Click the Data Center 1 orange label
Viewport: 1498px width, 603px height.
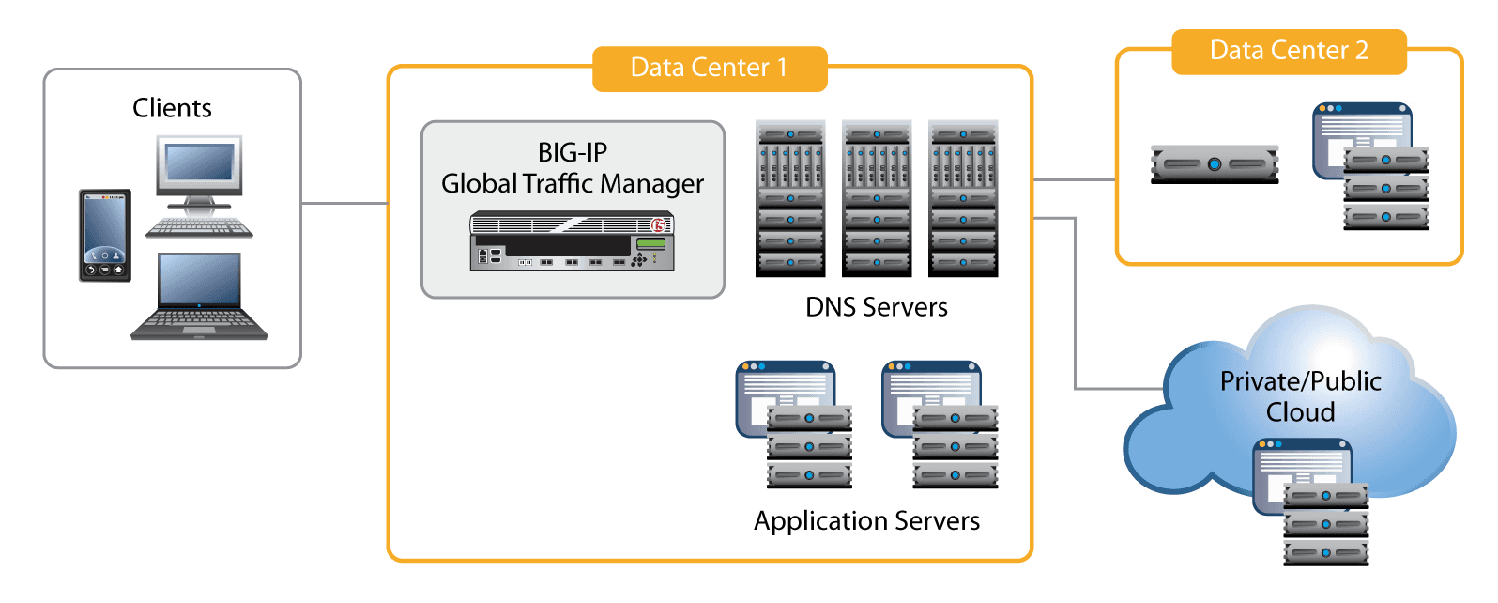click(x=710, y=69)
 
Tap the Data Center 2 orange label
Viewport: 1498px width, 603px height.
click(x=1289, y=51)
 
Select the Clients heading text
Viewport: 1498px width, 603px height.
click(x=172, y=108)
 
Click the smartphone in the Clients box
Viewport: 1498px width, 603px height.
click(x=104, y=235)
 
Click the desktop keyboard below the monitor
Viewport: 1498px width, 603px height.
click(x=199, y=227)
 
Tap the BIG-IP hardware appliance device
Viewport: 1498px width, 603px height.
click(x=572, y=242)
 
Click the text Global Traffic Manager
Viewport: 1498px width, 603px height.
click(x=573, y=184)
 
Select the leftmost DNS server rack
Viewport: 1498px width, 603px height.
click(x=790, y=198)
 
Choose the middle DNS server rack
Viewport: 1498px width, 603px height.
click(x=877, y=198)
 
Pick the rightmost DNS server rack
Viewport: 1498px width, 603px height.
click(x=963, y=198)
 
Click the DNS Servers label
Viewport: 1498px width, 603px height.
click(x=877, y=307)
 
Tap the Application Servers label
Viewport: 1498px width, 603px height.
click(x=866, y=521)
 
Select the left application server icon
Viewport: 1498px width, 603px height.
click(x=795, y=425)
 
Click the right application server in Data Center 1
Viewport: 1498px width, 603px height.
click(x=940, y=425)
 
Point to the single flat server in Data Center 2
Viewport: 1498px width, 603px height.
click(x=1215, y=164)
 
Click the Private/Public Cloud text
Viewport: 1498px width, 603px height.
click(x=1300, y=396)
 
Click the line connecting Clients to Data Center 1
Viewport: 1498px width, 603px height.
click(x=344, y=203)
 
